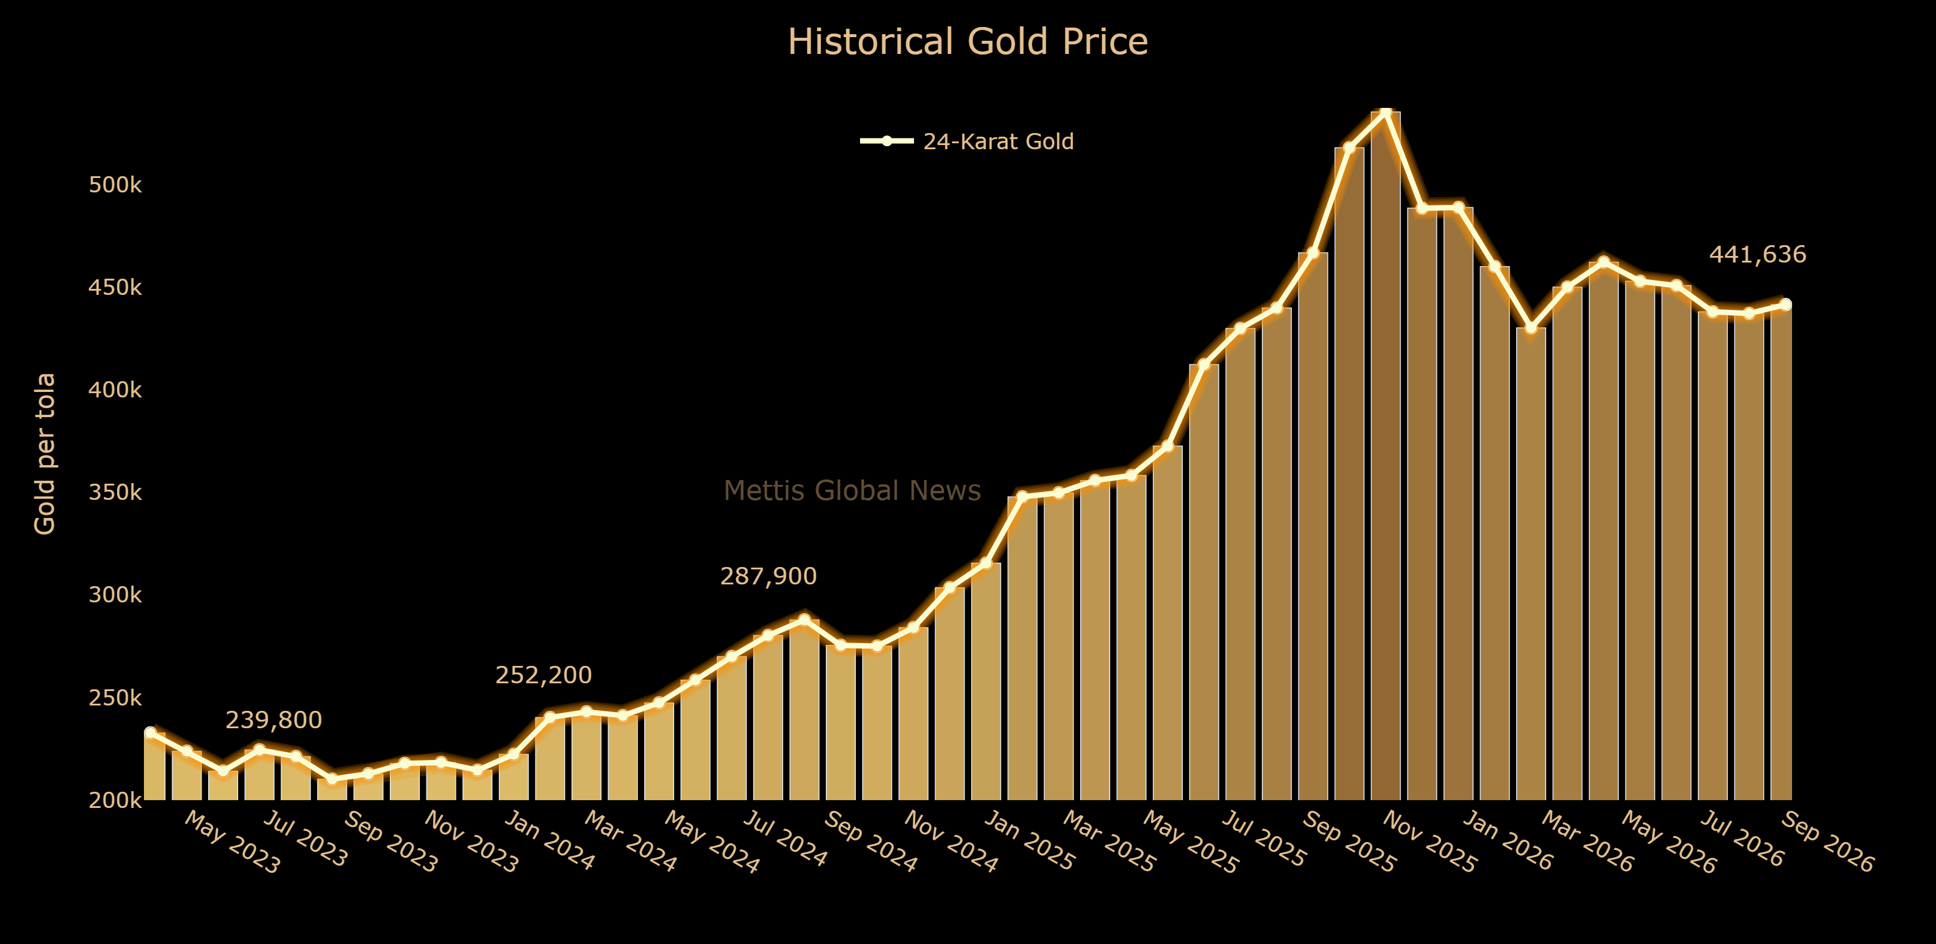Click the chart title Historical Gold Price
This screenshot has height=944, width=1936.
coord(967,41)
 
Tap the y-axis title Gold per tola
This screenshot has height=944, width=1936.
coord(45,454)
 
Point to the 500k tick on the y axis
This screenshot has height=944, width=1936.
coord(115,185)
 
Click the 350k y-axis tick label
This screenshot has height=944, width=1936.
coord(115,493)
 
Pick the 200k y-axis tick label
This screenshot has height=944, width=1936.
coord(115,801)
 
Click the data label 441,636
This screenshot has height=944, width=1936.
coord(1757,255)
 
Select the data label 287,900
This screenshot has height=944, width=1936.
coord(768,576)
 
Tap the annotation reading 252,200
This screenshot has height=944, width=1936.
coord(543,675)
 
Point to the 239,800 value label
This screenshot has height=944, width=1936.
coord(273,720)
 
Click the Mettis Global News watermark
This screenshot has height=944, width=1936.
coord(852,490)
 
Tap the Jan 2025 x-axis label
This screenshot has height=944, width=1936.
coord(1029,841)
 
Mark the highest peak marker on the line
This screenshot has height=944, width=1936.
coord(1385,112)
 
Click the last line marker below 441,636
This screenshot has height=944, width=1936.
coord(1785,304)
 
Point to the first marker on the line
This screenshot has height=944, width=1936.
coord(151,732)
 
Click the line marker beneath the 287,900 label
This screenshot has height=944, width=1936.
coord(804,620)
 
